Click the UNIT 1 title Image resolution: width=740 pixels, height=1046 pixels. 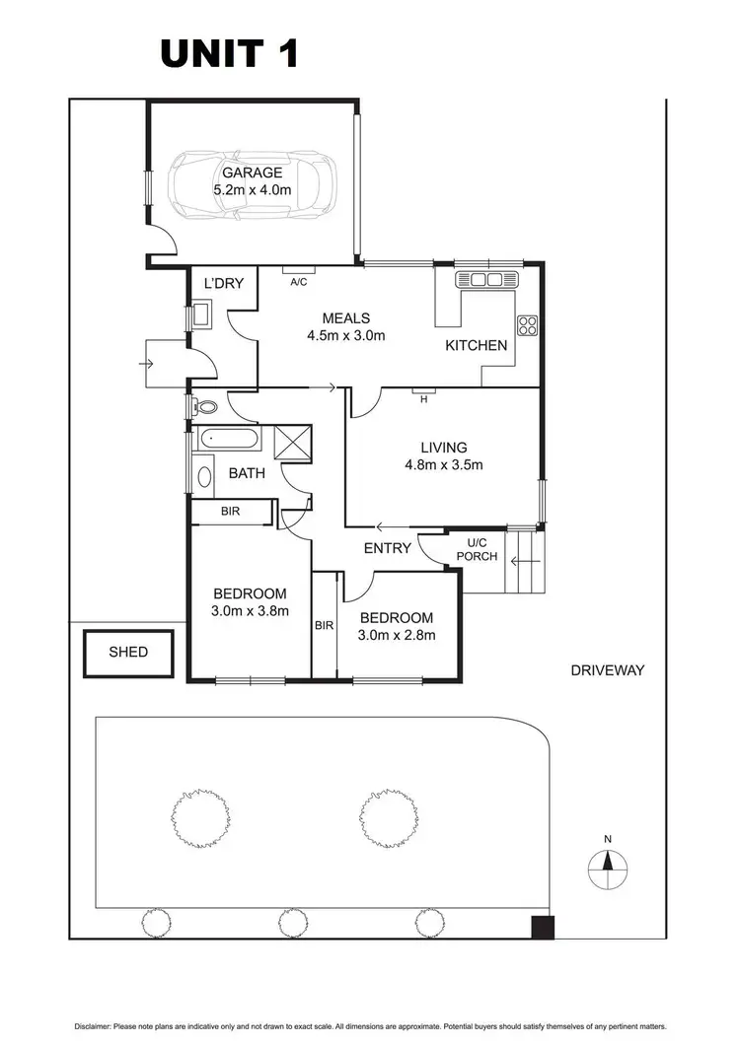(x=229, y=53)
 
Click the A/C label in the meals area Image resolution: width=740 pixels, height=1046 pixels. (x=297, y=281)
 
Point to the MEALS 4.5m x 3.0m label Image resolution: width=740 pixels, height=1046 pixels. (x=345, y=326)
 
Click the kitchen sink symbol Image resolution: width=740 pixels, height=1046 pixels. (x=486, y=280)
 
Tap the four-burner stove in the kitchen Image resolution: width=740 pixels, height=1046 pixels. (x=527, y=325)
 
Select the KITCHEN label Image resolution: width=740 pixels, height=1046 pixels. (x=477, y=345)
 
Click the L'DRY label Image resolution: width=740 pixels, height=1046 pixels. (x=223, y=285)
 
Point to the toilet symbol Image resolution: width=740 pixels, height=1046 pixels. (x=204, y=406)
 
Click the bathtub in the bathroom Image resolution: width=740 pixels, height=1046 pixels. (x=227, y=440)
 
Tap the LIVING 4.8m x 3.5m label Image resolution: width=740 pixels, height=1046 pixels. (x=442, y=456)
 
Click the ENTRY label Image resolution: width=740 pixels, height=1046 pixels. (x=387, y=547)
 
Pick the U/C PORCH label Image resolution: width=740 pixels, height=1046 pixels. (x=477, y=550)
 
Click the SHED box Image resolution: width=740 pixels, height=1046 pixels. (x=128, y=652)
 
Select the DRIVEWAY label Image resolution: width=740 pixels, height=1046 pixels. (x=607, y=670)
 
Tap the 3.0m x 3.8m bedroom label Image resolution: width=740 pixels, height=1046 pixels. (x=251, y=601)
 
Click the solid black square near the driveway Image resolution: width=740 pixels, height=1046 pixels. (x=542, y=927)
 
